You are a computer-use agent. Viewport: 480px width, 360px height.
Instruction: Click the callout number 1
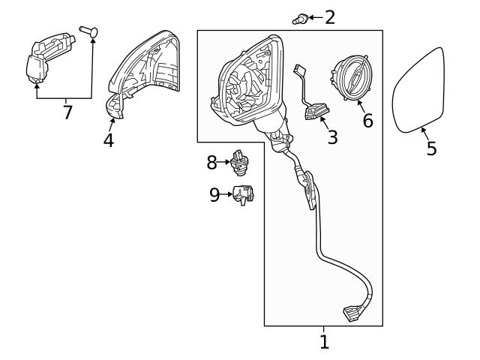tap(324, 343)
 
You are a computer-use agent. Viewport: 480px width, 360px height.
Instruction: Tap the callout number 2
tap(329, 16)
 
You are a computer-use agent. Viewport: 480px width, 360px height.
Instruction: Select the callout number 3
tap(332, 137)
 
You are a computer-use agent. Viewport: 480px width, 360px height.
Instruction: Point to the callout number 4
tap(109, 140)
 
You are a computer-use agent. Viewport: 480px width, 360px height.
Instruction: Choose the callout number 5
tap(431, 148)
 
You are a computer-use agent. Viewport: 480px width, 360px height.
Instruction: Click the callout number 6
tap(367, 120)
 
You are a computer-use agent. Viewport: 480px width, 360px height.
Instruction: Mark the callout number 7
tap(67, 113)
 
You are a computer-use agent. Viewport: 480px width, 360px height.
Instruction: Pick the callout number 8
tap(211, 161)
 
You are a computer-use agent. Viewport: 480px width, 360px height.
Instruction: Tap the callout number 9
tap(214, 195)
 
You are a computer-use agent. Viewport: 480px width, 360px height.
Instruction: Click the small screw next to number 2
tap(299, 17)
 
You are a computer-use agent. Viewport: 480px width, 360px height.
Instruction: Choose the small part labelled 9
tap(243, 194)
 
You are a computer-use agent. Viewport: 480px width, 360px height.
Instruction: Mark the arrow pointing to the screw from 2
tap(314, 16)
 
